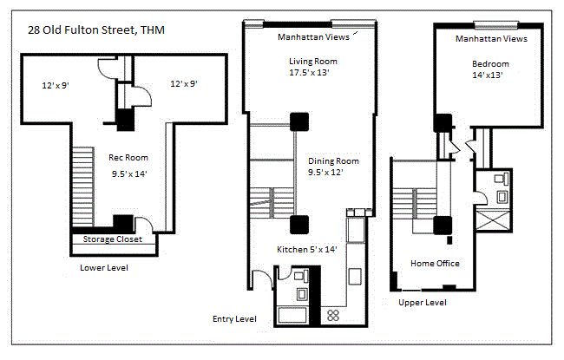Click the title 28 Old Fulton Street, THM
pos(96,32)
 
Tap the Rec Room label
pos(128,158)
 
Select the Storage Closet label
pos(112,239)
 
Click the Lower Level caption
pos(104,268)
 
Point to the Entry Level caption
pos(234,319)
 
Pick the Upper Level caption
pos(423,303)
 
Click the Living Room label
pos(313,62)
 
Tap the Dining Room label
pos(333,161)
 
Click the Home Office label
pos(435,264)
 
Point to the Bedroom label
pos(490,64)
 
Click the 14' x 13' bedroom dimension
pos(488,75)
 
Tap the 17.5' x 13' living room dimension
pos(312,73)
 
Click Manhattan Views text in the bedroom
pos(491,39)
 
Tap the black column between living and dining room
pos(300,122)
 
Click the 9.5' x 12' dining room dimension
pos(333,173)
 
